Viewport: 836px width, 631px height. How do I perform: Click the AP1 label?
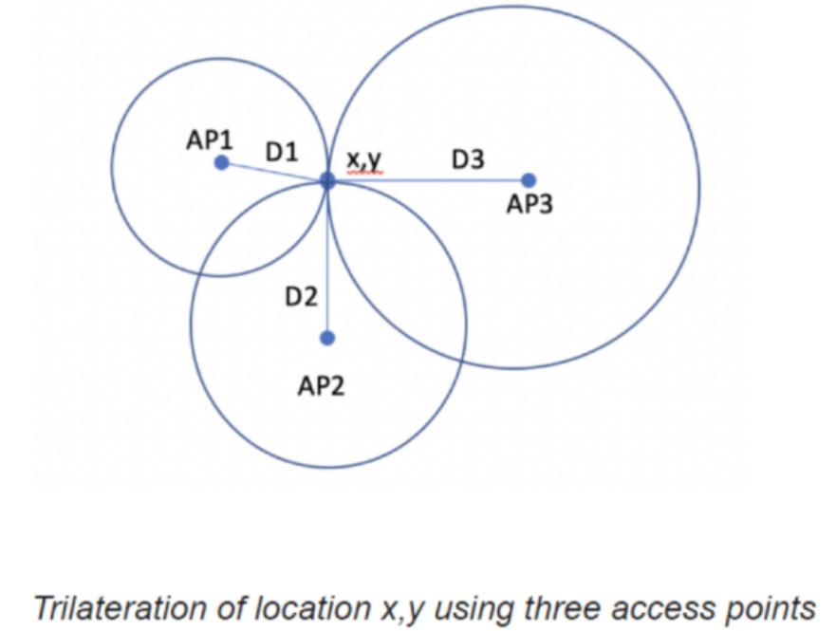pos(209,140)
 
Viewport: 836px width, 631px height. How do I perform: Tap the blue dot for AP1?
pos(221,163)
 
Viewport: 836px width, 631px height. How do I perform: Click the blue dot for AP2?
pos(328,338)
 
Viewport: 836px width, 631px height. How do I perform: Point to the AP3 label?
pos(529,205)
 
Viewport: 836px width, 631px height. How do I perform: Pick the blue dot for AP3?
pos(529,180)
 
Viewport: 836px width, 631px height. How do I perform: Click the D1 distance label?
pos(282,152)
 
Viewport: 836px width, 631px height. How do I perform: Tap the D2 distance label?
pos(301,297)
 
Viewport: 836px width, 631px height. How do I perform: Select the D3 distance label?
pos(468,160)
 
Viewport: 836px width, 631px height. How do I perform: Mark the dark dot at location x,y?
pos(327,179)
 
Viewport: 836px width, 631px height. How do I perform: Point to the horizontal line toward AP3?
pos(427,179)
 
